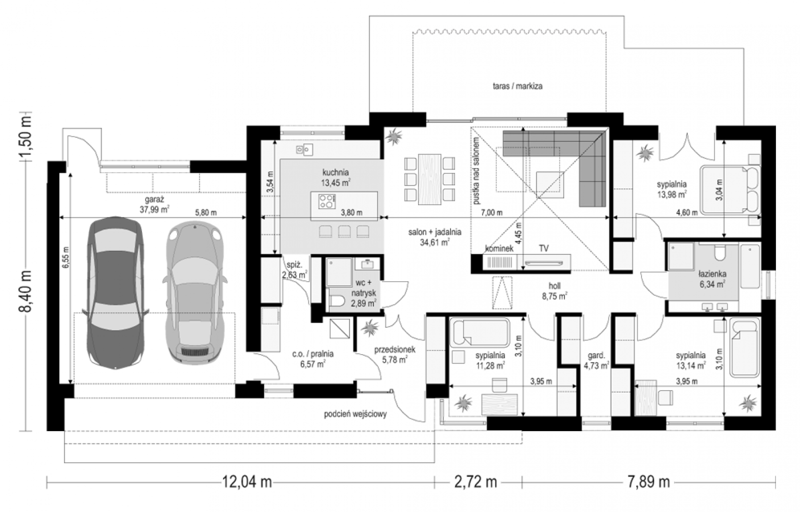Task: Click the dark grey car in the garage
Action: (115, 293)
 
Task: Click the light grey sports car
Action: (194, 293)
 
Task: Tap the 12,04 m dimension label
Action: (247, 483)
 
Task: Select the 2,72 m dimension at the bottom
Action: (475, 483)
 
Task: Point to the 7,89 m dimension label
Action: (648, 483)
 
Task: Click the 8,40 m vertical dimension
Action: (25, 292)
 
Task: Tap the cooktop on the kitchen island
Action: (327, 201)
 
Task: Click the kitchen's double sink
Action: (304, 149)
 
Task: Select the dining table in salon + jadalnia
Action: (429, 179)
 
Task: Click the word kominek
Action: (499, 249)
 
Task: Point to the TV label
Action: (543, 249)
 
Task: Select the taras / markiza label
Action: (517, 86)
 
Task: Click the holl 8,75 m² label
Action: (554, 291)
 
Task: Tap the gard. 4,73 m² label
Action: (596, 360)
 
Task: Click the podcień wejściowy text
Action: (355, 414)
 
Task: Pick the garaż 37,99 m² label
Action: (154, 204)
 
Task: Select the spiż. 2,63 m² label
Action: (294, 270)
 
